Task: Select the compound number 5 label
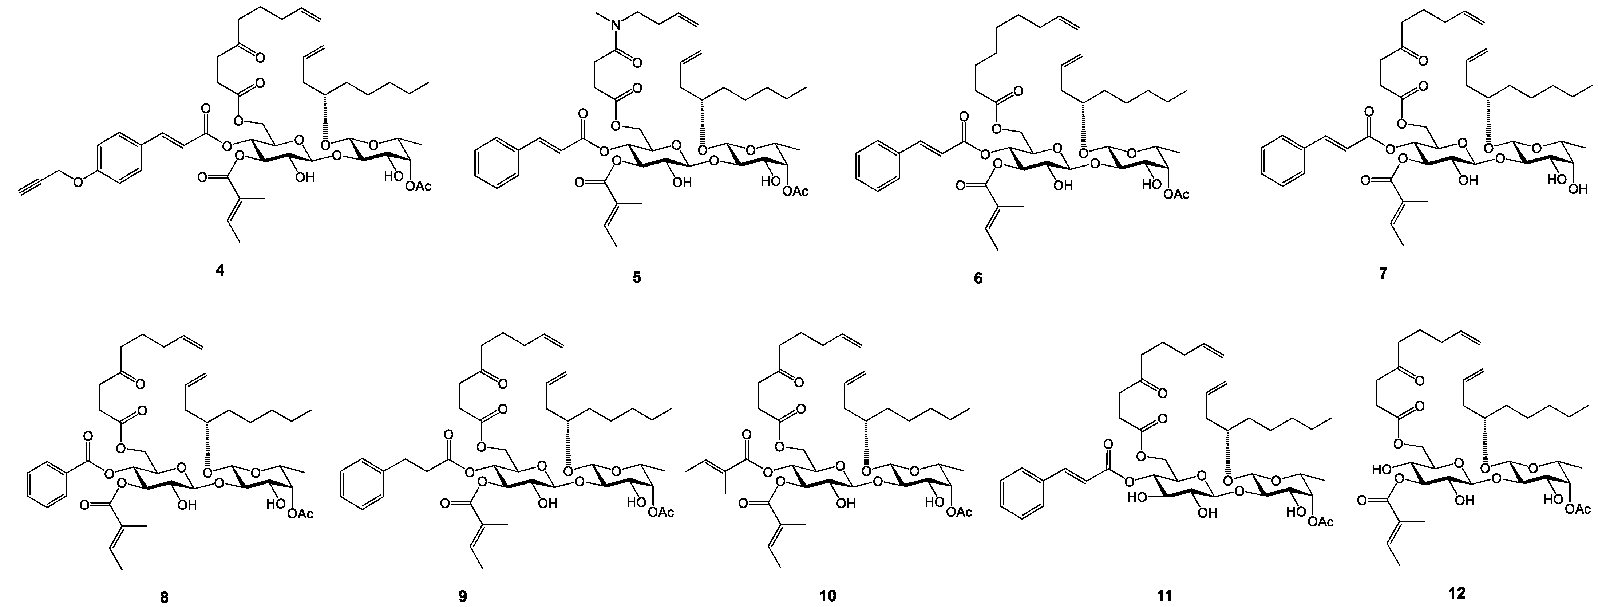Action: click(x=637, y=277)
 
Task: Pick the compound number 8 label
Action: click(x=164, y=598)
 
